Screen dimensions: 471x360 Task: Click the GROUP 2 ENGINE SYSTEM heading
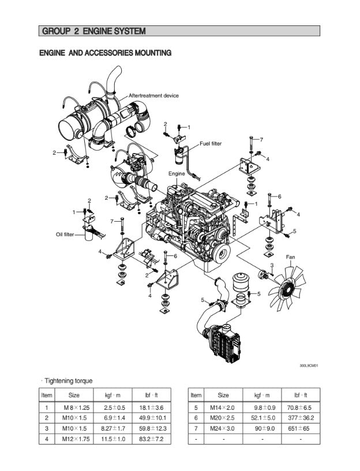coord(93,31)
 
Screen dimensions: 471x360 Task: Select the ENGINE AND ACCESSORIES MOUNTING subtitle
coord(105,53)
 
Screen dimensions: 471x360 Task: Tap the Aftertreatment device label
coord(153,95)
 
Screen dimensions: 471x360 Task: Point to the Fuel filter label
coord(211,144)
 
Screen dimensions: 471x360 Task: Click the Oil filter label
coord(65,234)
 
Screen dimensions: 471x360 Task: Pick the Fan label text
coord(291,256)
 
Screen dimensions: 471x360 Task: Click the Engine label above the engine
coord(177,173)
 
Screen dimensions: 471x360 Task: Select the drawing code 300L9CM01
coord(309,365)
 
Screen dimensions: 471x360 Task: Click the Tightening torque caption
coord(67,381)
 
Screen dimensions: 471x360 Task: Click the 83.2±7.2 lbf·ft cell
coord(152,439)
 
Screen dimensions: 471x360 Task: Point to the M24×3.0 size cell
coord(223,429)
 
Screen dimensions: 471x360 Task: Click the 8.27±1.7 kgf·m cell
coord(112,429)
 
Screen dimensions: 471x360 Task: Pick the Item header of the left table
coord(47,395)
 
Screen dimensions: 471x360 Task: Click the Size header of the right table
coord(223,395)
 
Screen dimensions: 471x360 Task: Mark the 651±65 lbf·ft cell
coord(301,429)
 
